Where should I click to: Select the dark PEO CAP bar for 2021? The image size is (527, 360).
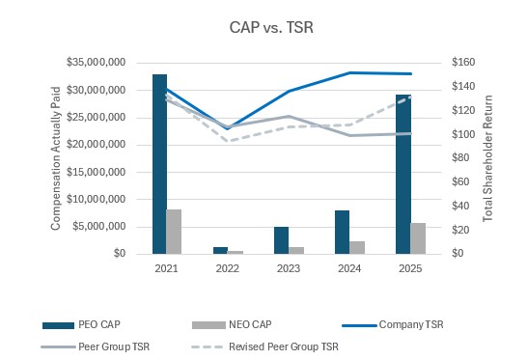[x=159, y=164]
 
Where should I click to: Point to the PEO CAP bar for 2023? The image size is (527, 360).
[x=281, y=240]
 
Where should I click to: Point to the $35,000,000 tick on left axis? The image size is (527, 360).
[x=97, y=62]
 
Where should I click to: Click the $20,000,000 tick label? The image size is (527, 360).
[x=97, y=144]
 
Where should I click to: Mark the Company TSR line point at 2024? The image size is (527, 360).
[x=349, y=72]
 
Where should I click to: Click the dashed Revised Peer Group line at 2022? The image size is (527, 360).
[x=228, y=141]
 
